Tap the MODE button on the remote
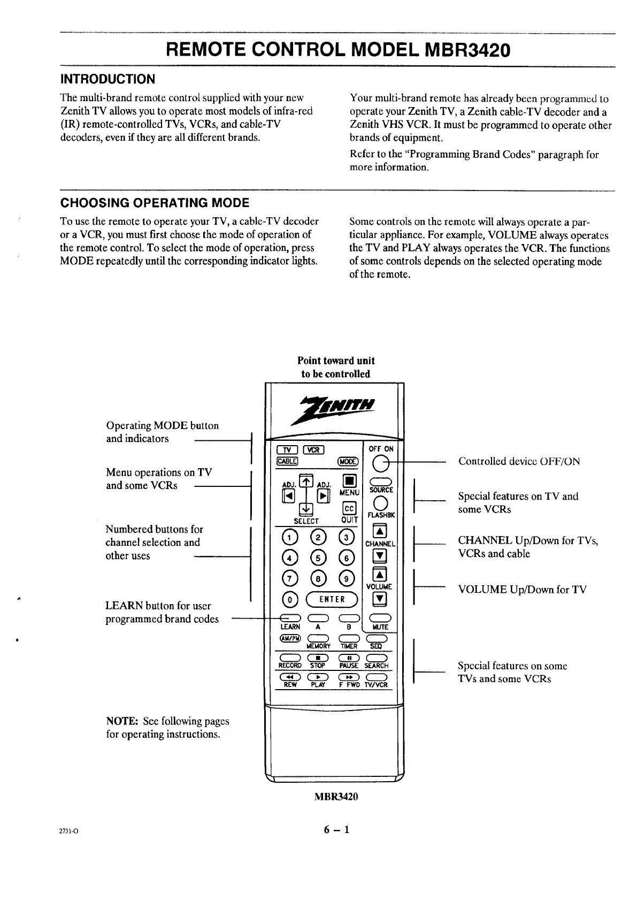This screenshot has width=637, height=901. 350,462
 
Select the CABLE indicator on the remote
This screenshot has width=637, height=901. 287,462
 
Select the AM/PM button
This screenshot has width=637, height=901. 289,638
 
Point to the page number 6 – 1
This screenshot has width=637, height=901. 336,830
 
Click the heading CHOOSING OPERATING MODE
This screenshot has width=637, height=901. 155,203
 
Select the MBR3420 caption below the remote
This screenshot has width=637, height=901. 335,796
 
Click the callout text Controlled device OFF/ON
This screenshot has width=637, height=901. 519,461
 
